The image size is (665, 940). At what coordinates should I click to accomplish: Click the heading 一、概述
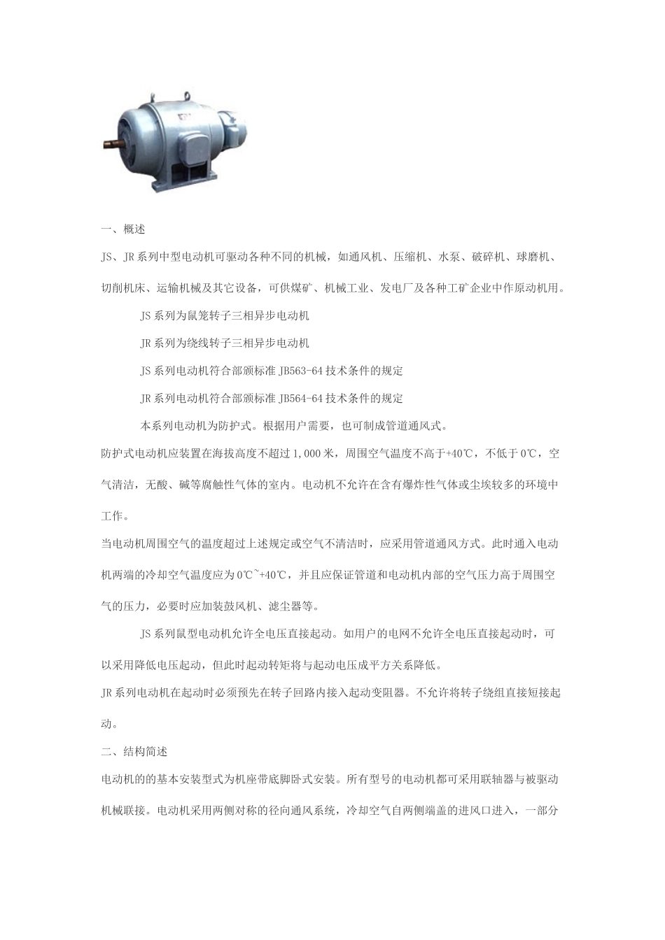(123, 229)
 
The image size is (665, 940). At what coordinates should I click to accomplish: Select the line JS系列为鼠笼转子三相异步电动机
(225, 315)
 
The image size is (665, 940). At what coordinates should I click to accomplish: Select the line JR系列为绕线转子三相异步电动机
(225, 343)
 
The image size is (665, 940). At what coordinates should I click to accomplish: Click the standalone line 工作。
(115, 516)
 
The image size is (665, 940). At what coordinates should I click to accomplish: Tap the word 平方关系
(379, 664)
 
